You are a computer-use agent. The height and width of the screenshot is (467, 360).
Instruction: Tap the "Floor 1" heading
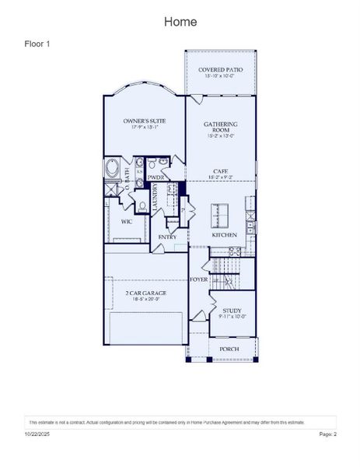(37, 44)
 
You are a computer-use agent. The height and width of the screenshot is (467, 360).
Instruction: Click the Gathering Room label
(220, 128)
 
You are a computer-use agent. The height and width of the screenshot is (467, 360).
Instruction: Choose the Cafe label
(220, 174)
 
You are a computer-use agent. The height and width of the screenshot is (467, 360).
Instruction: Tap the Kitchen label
(224, 234)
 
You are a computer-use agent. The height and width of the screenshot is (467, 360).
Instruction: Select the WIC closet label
(126, 221)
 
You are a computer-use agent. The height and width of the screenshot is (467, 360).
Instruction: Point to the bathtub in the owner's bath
(111, 168)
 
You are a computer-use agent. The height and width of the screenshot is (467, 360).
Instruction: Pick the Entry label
(167, 237)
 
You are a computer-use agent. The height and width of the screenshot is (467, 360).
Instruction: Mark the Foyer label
(198, 279)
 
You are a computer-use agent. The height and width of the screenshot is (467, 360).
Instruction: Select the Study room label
(231, 313)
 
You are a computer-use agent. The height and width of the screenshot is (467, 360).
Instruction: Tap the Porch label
(229, 349)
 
